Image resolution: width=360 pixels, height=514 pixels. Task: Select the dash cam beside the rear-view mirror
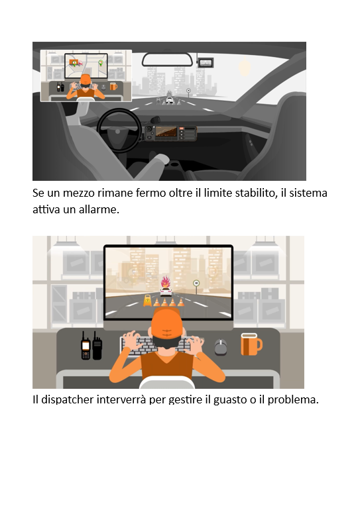tap(206, 62)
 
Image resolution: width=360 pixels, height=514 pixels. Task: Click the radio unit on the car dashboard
tap(171, 133)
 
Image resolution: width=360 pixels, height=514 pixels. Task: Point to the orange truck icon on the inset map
tap(74, 62)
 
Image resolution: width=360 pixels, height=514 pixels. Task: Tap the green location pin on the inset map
tap(101, 62)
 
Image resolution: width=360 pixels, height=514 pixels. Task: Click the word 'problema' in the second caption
tap(293, 400)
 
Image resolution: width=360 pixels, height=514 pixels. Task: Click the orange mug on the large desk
tap(251, 344)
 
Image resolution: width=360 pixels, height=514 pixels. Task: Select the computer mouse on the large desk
tap(221, 347)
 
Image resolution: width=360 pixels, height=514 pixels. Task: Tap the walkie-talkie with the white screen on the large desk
tap(86, 346)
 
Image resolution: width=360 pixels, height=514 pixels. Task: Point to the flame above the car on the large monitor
tap(166, 282)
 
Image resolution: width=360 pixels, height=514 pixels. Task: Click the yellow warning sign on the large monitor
tap(148, 300)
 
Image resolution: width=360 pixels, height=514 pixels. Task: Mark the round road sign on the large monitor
tap(196, 283)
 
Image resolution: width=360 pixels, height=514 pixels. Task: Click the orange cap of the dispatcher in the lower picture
tap(166, 323)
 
